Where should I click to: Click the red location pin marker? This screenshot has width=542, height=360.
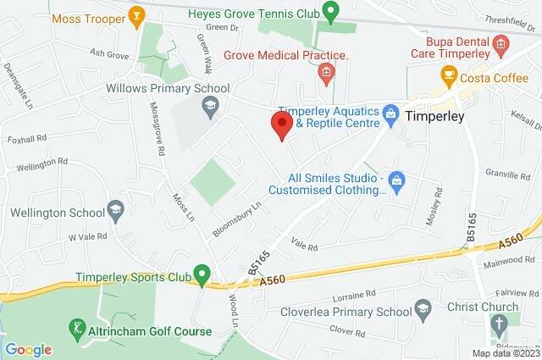tap(282, 125)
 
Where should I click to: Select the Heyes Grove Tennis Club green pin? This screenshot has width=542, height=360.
tap(332, 11)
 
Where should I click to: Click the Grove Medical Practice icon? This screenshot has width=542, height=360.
tap(326, 75)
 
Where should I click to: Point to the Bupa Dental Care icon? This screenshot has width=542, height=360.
tap(501, 43)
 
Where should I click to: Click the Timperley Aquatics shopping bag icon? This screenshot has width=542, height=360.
tap(390, 113)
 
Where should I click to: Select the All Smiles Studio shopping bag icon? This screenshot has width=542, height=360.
tap(398, 180)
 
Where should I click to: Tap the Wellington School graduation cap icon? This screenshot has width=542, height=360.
tap(116, 209)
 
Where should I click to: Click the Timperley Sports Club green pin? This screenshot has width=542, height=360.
tap(202, 274)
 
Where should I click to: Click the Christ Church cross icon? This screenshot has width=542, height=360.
tap(500, 324)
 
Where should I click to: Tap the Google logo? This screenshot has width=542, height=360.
tap(29, 350)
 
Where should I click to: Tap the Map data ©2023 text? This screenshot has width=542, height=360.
tap(506, 353)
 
